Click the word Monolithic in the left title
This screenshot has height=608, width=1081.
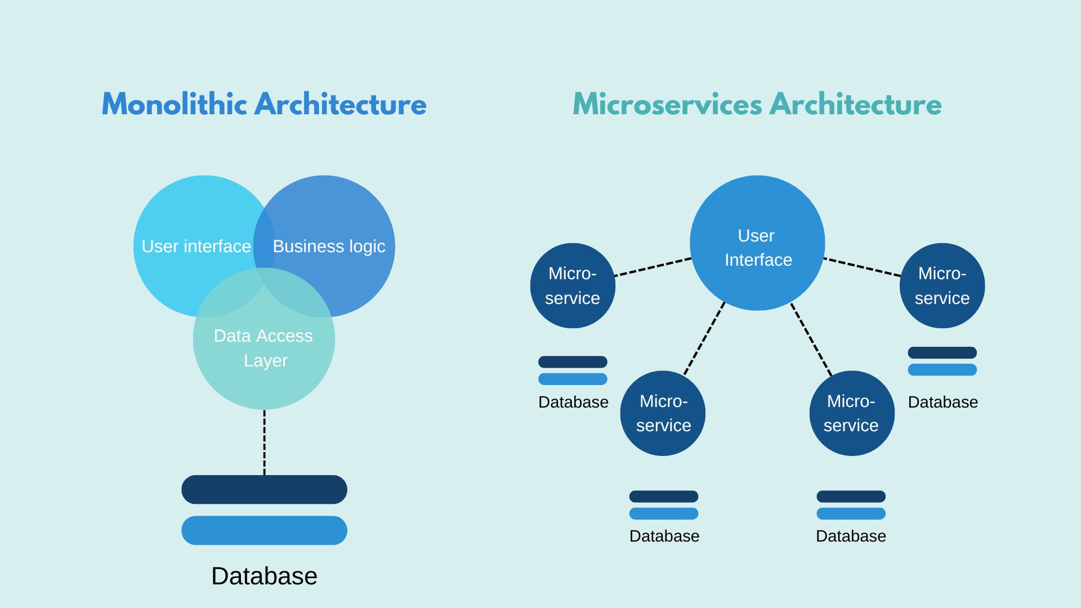(x=175, y=105)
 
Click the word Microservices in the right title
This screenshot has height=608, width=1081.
(x=667, y=105)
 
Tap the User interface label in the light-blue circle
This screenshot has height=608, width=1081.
(x=196, y=247)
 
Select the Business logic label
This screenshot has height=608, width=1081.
(x=329, y=247)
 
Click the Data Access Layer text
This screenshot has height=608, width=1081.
(x=263, y=348)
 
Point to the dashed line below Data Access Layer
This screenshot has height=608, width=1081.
(x=264, y=442)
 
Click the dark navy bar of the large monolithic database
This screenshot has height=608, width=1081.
(x=264, y=489)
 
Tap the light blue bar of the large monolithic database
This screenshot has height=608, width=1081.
(x=264, y=530)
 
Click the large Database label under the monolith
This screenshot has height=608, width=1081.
(x=264, y=576)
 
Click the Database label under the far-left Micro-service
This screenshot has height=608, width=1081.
(x=573, y=402)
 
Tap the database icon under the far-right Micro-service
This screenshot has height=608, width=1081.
(x=942, y=361)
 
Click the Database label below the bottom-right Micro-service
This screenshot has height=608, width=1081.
(x=851, y=536)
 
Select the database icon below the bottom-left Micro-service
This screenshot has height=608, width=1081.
(x=664, y=504)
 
